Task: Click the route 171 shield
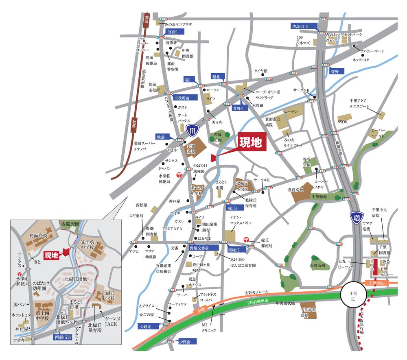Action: pos(193,131)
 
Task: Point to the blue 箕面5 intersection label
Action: pos(173,31)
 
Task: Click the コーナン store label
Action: pos(291,111)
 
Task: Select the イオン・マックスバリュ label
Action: pos(241,220)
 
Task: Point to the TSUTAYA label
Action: pos(172,229)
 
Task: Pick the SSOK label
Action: pos(343,121)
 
